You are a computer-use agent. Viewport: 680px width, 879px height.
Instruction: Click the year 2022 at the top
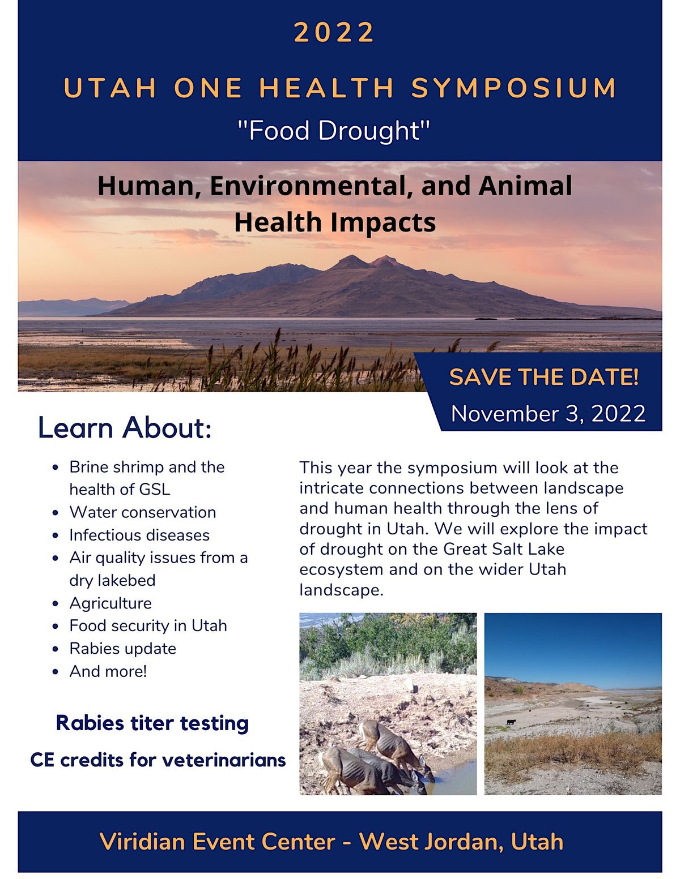point(334,32)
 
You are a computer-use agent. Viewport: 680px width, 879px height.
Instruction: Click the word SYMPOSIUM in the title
point(514,88)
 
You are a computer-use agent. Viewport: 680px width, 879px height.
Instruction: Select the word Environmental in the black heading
point(311,186)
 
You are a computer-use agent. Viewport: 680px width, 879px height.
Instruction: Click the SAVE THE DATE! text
point(544,377)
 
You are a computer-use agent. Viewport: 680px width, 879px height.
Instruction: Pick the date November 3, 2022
point(548,414)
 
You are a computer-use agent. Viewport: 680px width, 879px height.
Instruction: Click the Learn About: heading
point(125,427)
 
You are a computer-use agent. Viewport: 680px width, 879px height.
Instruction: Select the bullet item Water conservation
point(142,512)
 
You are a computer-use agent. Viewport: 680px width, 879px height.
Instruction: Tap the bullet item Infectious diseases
point(139,535)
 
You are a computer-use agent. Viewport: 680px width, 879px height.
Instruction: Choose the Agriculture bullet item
point(110,603)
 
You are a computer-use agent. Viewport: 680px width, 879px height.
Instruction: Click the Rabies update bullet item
point(122,648)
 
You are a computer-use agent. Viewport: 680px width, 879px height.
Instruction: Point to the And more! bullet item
point(108,671)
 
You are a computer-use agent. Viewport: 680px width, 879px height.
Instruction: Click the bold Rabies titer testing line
point(152,723)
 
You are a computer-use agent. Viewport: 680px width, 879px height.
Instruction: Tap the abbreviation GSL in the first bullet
point(154,489)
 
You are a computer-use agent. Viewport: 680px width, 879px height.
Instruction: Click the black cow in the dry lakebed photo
point(511,722)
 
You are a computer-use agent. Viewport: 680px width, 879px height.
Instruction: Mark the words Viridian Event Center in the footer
point(217,841)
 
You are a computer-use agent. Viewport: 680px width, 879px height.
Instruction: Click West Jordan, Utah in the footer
point(461,841)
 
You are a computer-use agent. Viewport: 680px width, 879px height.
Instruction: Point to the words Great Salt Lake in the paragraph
point(504,549)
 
